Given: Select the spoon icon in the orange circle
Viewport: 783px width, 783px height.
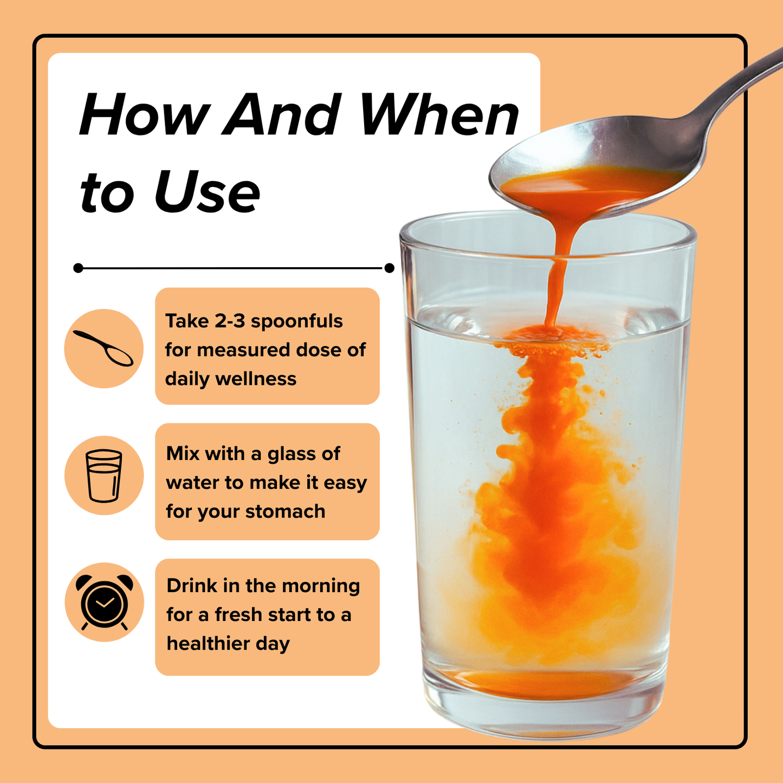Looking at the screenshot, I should point(103,348).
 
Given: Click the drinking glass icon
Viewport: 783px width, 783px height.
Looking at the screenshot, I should point(103,475).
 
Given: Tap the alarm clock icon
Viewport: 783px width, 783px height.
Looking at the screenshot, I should point(103,602).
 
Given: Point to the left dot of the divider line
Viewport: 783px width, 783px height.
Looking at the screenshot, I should point(78,268).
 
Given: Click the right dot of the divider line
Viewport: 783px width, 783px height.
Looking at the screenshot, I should point(389,268).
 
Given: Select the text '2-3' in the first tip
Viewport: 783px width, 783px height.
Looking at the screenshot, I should point(230,321).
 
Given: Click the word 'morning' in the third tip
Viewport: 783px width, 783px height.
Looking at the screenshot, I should point(321,586).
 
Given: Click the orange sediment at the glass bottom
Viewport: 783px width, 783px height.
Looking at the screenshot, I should point(542,684).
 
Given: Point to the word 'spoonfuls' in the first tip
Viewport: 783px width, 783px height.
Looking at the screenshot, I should point(296,321).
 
